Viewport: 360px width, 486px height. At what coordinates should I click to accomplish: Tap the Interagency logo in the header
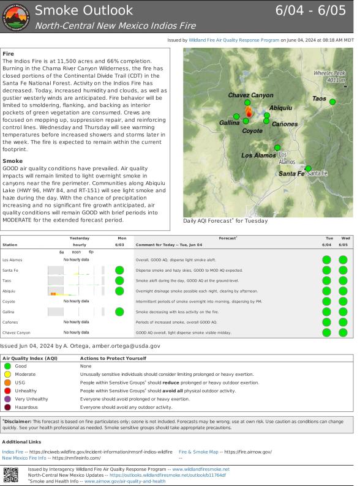pos(16,17)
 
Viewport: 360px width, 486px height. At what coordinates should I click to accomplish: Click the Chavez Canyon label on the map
pos(250,95)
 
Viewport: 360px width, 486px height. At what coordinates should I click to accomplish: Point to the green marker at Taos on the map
pos(332,102)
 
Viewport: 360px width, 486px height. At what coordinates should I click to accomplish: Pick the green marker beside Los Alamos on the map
pos(277,148)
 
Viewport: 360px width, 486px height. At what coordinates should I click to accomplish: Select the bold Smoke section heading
pos(13,161)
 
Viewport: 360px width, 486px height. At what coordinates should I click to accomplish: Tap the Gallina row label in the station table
pos(9,312)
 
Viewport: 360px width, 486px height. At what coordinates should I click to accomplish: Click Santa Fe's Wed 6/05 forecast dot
pos(343,270)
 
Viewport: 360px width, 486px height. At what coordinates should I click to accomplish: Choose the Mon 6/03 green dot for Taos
pos(119,280)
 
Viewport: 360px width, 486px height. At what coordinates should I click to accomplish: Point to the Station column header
pos(10,244)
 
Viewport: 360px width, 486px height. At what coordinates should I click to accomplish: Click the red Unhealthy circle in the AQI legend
pos(8,391)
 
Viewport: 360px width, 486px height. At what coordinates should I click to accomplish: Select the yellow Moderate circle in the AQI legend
pos(8,374)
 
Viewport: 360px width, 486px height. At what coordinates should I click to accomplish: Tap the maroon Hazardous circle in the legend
pos(8,407)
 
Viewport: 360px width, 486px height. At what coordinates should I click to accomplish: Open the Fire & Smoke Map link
pos(198,451)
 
